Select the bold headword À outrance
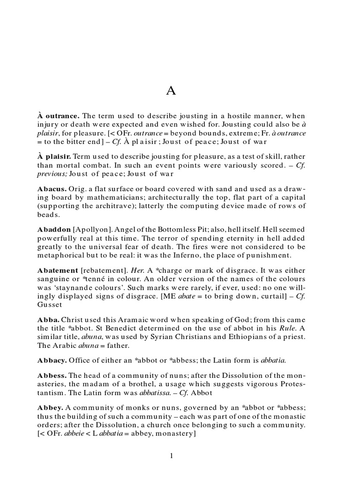pos(59,115)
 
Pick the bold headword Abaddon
pos(54,230)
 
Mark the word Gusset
pos(49,306)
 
